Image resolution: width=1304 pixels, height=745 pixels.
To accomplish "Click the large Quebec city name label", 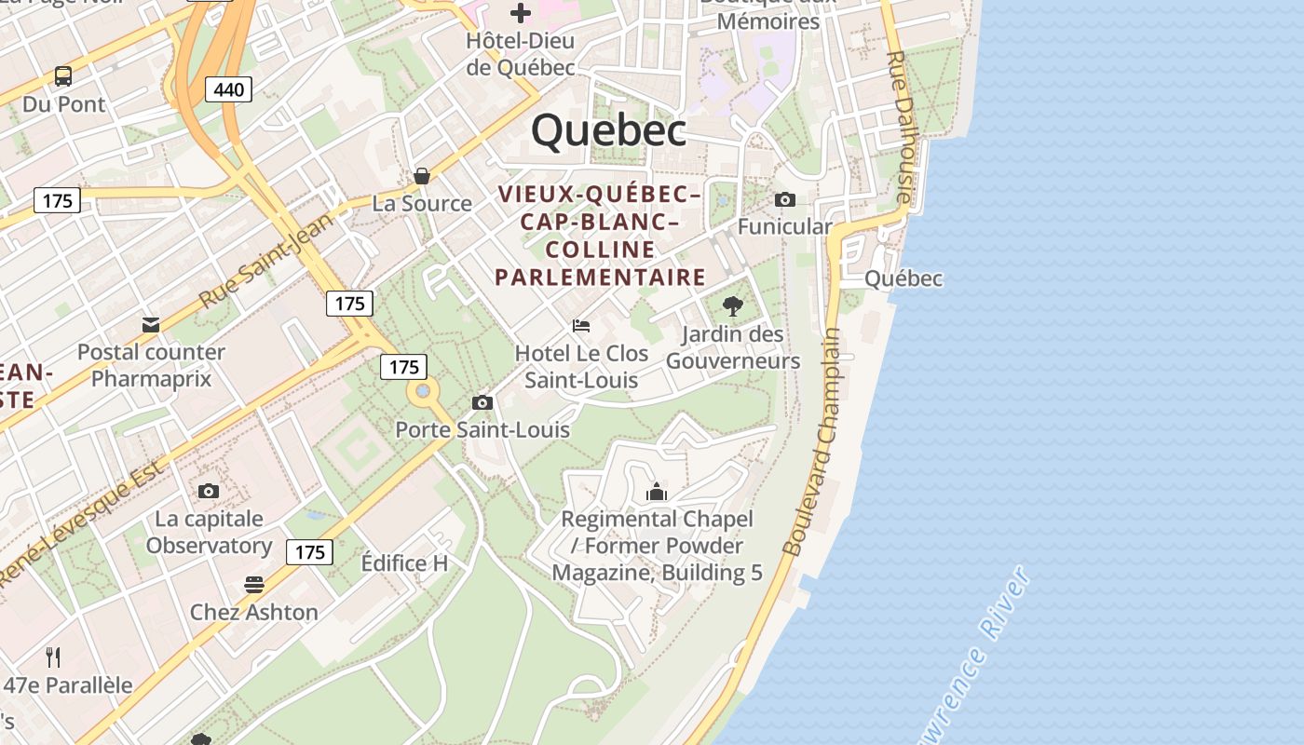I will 609,130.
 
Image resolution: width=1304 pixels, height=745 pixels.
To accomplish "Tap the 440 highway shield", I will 228,89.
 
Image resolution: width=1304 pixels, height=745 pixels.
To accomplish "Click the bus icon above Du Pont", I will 63,76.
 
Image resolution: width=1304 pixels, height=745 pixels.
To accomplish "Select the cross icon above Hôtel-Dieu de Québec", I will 521,13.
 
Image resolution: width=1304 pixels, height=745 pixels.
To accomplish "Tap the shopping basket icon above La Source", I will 422,176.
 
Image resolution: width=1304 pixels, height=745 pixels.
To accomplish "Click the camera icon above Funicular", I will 785,199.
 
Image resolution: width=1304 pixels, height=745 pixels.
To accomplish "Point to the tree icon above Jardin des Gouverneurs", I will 733,305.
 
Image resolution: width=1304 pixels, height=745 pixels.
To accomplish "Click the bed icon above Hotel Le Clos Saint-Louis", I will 581,326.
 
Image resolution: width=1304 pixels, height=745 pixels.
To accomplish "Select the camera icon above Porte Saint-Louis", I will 482,402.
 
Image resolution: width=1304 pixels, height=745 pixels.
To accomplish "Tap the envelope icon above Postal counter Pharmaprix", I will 151,324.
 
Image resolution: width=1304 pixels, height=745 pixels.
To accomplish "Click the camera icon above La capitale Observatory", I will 209,491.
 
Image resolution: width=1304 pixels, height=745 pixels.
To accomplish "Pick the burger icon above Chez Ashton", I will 254,585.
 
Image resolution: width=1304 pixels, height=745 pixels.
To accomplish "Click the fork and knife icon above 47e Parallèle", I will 53,657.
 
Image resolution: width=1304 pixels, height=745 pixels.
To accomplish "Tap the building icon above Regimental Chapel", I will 657,491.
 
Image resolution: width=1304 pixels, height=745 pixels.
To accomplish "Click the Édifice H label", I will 404,563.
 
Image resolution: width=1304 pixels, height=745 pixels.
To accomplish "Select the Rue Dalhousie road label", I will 900,127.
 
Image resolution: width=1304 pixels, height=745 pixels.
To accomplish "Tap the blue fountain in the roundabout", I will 424,392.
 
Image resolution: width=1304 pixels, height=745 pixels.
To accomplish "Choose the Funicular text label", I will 784,226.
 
